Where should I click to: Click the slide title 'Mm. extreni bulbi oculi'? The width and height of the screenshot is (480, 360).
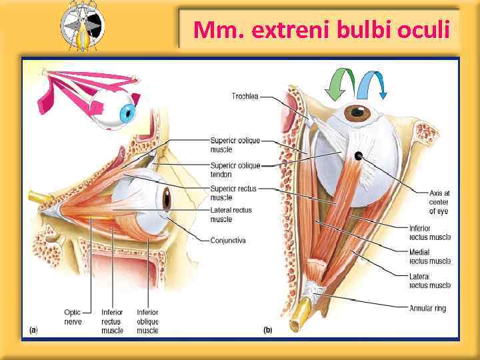pos(321,30)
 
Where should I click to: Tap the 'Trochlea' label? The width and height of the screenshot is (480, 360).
pos(245,96)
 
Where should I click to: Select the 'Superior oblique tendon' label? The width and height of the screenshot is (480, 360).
pos(235,169)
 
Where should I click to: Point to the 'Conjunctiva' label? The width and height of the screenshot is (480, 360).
pos(228,240)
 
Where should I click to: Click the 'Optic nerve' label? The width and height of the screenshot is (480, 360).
pos(73,317)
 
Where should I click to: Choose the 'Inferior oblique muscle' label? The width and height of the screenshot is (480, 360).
pos(147,321)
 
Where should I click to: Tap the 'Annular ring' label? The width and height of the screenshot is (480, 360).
pos(427,308)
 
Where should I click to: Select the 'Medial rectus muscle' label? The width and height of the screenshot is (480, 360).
pos(429,256)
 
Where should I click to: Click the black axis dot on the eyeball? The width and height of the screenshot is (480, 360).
pos(359,156)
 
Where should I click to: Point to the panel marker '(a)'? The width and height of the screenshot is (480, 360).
pos(33,329)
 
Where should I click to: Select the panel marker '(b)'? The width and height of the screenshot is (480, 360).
pos(267,329)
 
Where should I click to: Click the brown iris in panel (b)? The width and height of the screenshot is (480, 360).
pos(358,112)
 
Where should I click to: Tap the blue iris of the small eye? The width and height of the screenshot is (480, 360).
pos(126,113)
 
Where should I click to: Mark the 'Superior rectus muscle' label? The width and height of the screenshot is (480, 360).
pos(233,193)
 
